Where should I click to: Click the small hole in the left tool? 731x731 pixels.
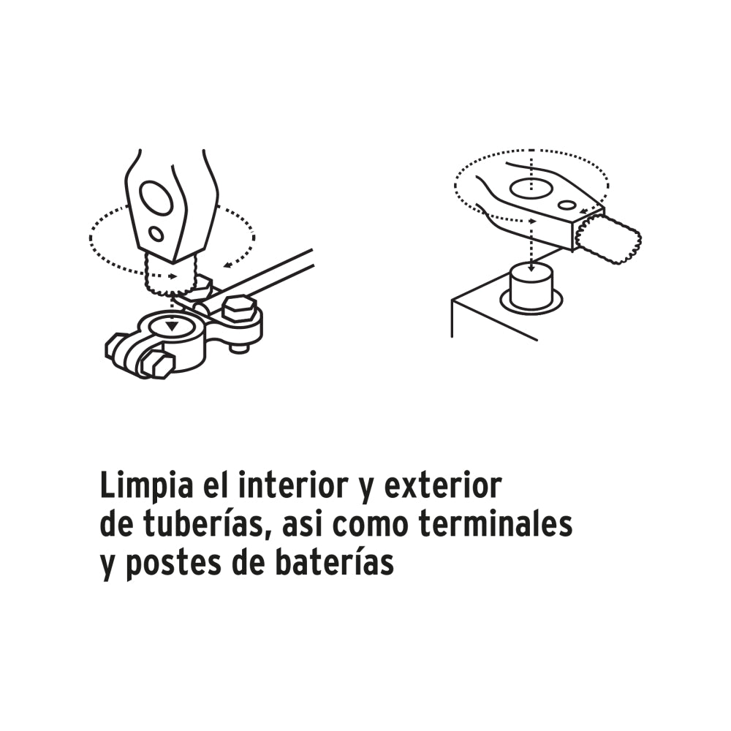(x=156, y=234)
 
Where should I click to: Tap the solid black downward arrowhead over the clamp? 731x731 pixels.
(x=173, y=325)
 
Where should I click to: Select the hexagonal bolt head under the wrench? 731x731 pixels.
(x=238, y=310)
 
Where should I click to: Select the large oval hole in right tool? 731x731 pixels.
(x=534, y=188)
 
